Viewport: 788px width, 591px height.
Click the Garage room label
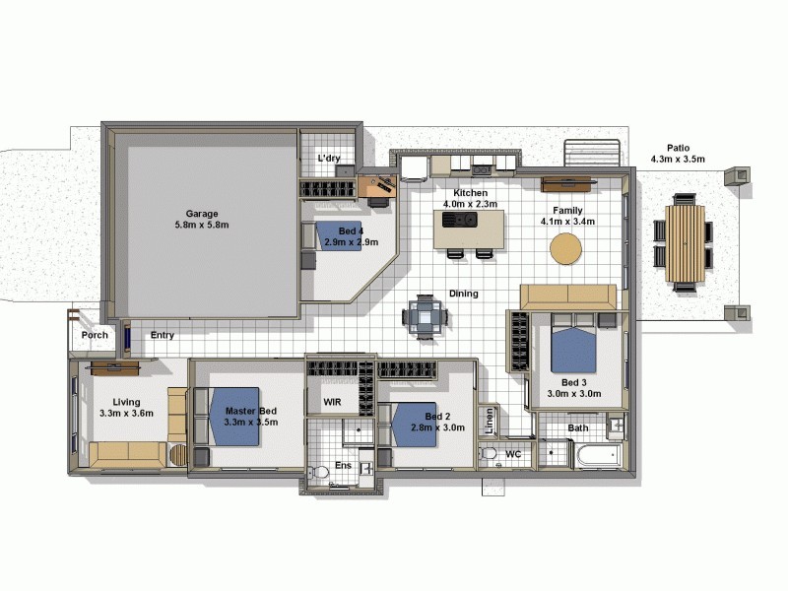(202, 213)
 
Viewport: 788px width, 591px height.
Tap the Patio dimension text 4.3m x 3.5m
(678, 159)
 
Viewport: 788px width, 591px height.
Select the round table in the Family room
(566, 249)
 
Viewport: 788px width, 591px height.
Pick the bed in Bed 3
(573, 349)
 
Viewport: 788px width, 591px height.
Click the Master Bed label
(250, 411)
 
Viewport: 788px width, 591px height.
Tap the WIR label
(332, 402)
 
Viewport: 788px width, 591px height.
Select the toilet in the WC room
(489, 454)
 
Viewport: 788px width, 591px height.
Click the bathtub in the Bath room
(597, 455)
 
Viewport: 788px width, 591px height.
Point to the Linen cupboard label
(490, 422)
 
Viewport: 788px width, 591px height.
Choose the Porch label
(95, 335)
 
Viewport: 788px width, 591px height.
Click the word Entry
(163, 335)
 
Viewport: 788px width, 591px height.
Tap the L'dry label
(328, 159)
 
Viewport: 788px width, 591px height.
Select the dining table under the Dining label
(425, 317)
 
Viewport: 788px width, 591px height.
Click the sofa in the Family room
(568, 297)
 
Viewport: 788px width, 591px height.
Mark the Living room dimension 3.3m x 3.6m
(126, 414)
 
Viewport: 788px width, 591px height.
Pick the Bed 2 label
(438, 416)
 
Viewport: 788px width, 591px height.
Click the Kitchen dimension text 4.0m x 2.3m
(470, 204)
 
